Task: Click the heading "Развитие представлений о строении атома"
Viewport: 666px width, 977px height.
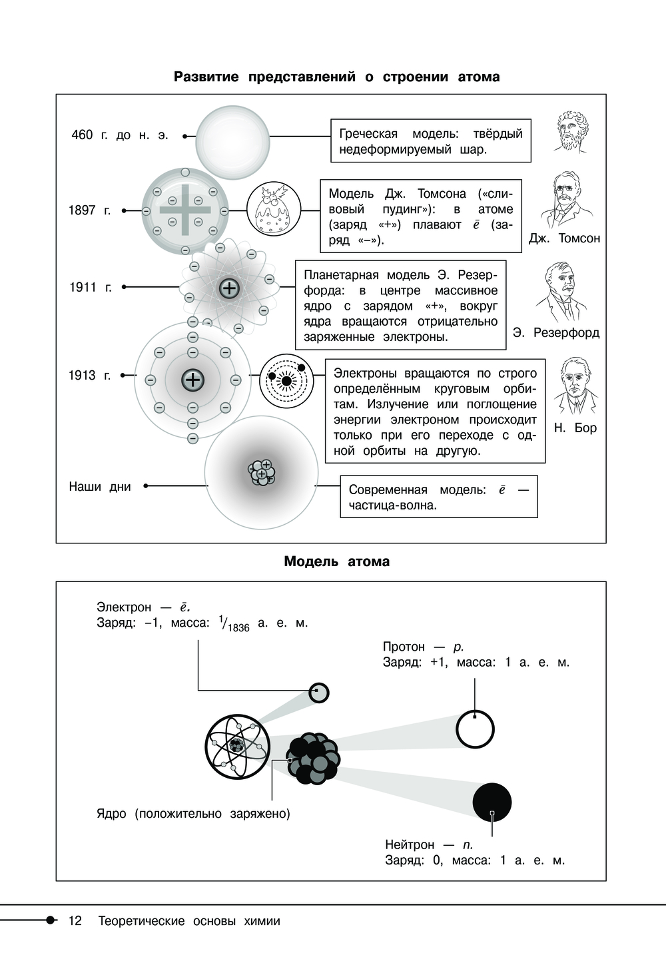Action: (x=336, y=77)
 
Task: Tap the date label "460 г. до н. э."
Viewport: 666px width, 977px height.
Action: (x=120, y=135)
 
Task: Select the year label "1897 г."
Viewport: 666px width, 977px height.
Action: (x=89, y=210)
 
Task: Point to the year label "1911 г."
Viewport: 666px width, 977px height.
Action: (x=91, y=287)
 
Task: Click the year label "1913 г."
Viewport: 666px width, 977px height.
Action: (x=89, y=376)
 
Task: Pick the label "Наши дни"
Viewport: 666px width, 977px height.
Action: (x=100, y=486)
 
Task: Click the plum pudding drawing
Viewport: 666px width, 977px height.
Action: (x=273, y=210)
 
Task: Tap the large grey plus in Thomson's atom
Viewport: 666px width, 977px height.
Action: (x=184, y=210)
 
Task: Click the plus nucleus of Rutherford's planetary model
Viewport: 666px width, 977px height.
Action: (x=228, y=288)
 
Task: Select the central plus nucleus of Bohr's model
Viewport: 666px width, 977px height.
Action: (x=192, y=380)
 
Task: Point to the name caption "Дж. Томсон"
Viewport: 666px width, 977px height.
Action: (x=564, y=238)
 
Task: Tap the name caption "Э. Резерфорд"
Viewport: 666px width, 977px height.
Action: (x=556, y=332)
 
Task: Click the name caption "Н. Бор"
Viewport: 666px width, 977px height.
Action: (x=575, y=428)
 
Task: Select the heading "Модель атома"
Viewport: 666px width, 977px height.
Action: (x=336, y=561)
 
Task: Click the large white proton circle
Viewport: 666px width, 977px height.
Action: (x=475, y=729)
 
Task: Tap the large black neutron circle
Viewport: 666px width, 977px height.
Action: (x=492, y=802)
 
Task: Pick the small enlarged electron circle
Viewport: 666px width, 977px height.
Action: (x=319, y=693)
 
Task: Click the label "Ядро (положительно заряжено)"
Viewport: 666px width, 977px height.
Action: (x=193, y=814)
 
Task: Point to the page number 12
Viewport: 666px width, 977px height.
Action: (x=75, y=921)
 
